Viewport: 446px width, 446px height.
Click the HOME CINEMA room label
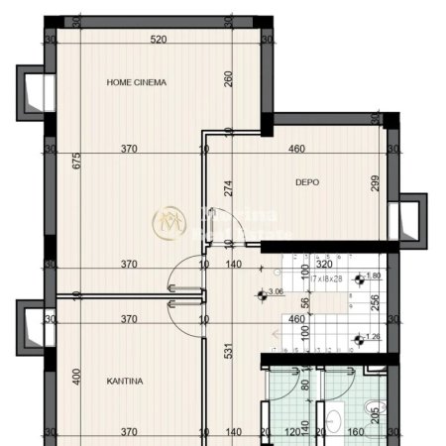click(137, 83)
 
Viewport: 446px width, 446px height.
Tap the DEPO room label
click(306, 181)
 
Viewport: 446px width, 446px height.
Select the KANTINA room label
click(126, 381)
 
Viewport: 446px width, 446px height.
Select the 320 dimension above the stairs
click(323, 265)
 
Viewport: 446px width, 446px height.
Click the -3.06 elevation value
click(277, 293)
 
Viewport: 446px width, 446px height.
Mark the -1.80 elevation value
click(374, 277)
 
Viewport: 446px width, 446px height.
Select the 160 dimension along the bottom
click(355, 433)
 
